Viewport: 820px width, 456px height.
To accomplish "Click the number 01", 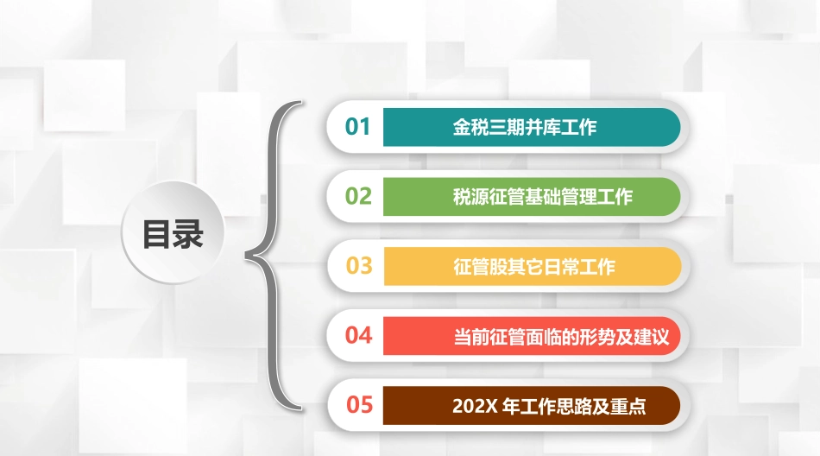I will tap(358, 127).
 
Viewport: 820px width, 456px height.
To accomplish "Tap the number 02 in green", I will tap(358, 196).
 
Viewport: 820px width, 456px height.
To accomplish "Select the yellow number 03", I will tap(358, 265).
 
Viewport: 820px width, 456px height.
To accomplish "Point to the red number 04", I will tap(358, 334).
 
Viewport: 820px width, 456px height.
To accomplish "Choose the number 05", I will tap(358, 403).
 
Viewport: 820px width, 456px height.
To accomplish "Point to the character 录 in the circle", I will tap(188, 234).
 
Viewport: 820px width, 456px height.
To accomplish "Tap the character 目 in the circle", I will tap(156, 234).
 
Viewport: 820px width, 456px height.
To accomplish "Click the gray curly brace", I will tap(274, 256).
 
